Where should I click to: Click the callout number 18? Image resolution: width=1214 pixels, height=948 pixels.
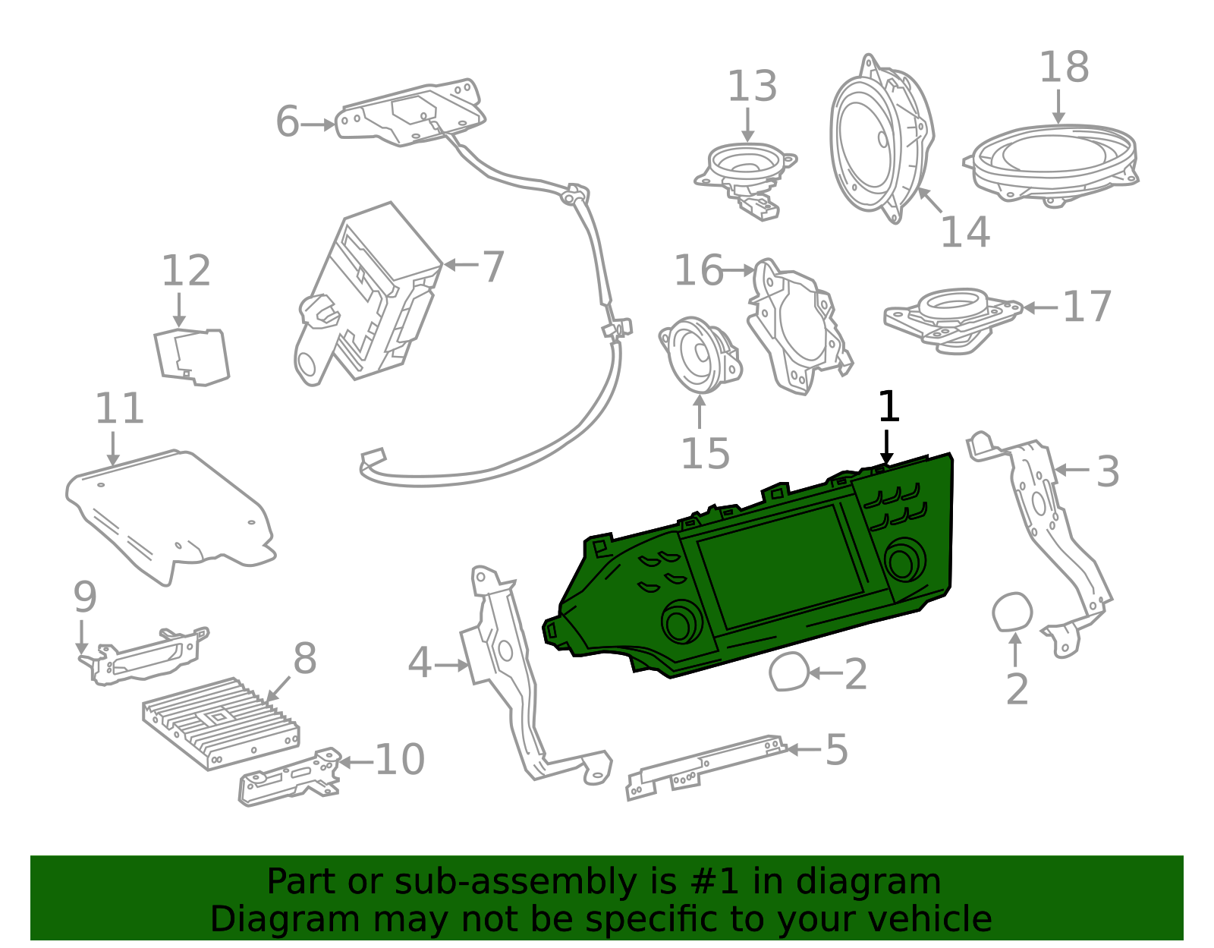pyautogui.click(x=1064, y=68)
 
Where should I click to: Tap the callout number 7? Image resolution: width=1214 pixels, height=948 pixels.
pyautogui.click(x=493, y=267)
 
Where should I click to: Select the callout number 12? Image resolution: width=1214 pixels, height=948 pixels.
pyautogui.click(x=186, y=271)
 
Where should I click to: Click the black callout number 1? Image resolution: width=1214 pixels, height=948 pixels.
pyautogui.click(x=888, y=407)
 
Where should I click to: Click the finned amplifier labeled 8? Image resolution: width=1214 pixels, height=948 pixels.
pyautogui.click(x=220, y=722)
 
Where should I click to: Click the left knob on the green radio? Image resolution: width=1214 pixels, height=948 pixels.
pyautogui.click(x=681, y=622)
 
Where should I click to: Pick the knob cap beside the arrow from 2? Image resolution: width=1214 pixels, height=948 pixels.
pyautogui.click(x=788, y=672)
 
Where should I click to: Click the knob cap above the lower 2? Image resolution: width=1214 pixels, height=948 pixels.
pyautogui.click(x=1012, y=612)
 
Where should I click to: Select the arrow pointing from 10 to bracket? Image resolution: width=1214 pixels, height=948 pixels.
pyautogui.click(x=355, y=761)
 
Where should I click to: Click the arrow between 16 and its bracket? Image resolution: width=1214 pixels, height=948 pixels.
pyautogui.click(x=738, y=269)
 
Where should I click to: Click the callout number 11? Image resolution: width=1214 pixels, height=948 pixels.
pyautogui.click(x=119, y=409)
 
